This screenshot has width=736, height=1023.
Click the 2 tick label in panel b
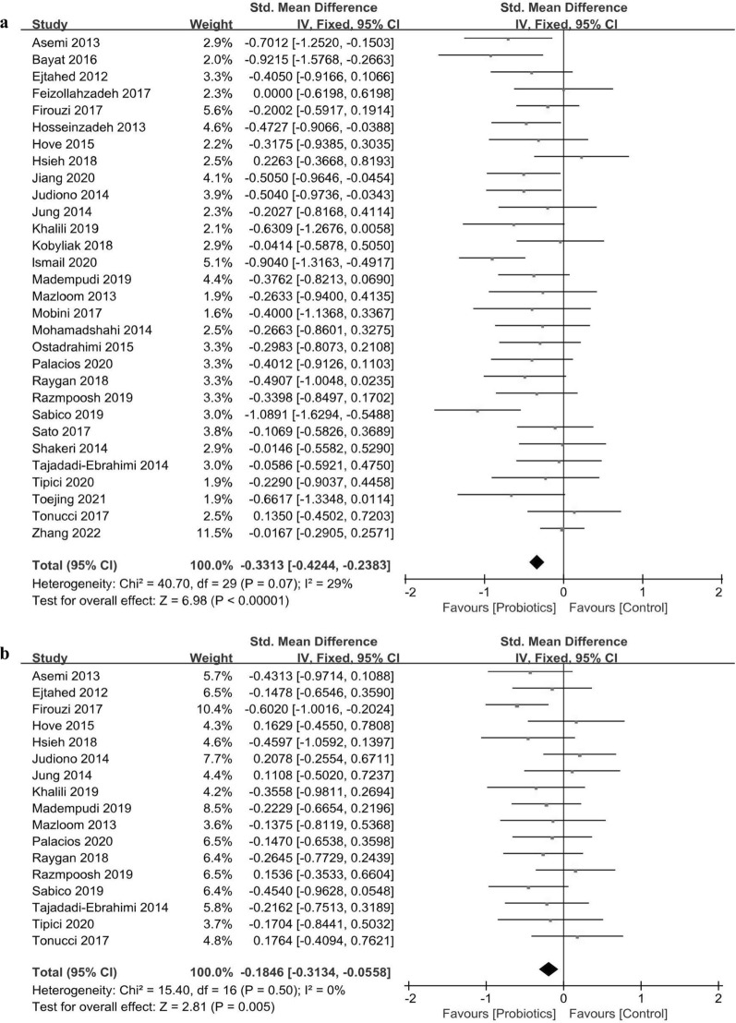(x=718, y=997)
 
